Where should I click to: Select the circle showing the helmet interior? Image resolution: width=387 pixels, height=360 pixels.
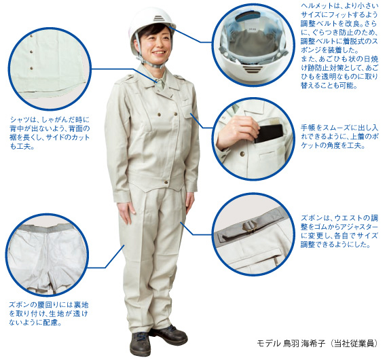click(252, 47)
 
